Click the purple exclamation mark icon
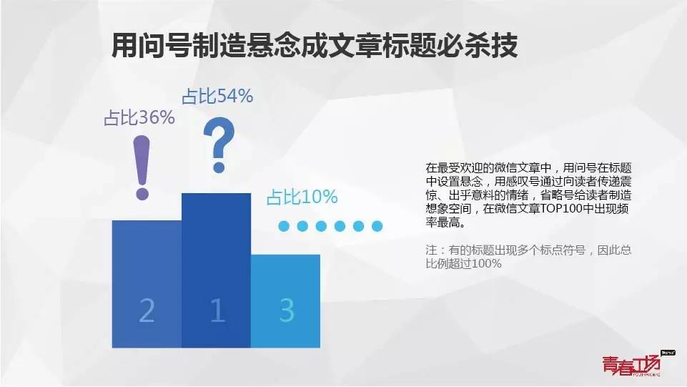[x=142, y=168]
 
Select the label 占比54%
[x=217, y=96]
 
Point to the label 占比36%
[x=139, y=117]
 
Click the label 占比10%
[x=302, y=197]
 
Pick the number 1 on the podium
[x=217, y=310]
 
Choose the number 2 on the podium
[x=147, y=310]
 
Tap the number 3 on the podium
[x=287, y=310]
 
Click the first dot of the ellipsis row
[x=284, y=226]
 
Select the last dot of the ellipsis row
[x=377, y=226]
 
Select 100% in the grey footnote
[x=487, y=263]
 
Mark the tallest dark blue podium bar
[x=216, y=270]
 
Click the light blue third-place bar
[x=286, y=301]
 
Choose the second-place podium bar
[x=147, y=284]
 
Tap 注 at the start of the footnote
[x=431, y=250]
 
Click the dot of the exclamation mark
[x=142, y=193]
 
